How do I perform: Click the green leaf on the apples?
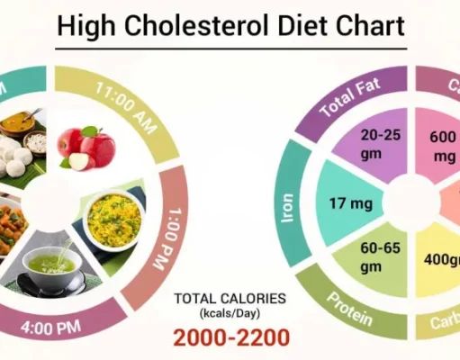click(89, 130)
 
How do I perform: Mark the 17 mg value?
click(343, 205)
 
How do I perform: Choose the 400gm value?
click(441, 259)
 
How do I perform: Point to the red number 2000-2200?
click(232, 337)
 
